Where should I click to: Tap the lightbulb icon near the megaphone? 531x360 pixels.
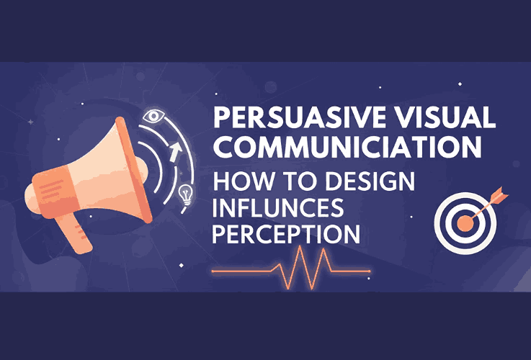tap(187, 193)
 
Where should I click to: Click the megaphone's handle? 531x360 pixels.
tap(76, 231)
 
